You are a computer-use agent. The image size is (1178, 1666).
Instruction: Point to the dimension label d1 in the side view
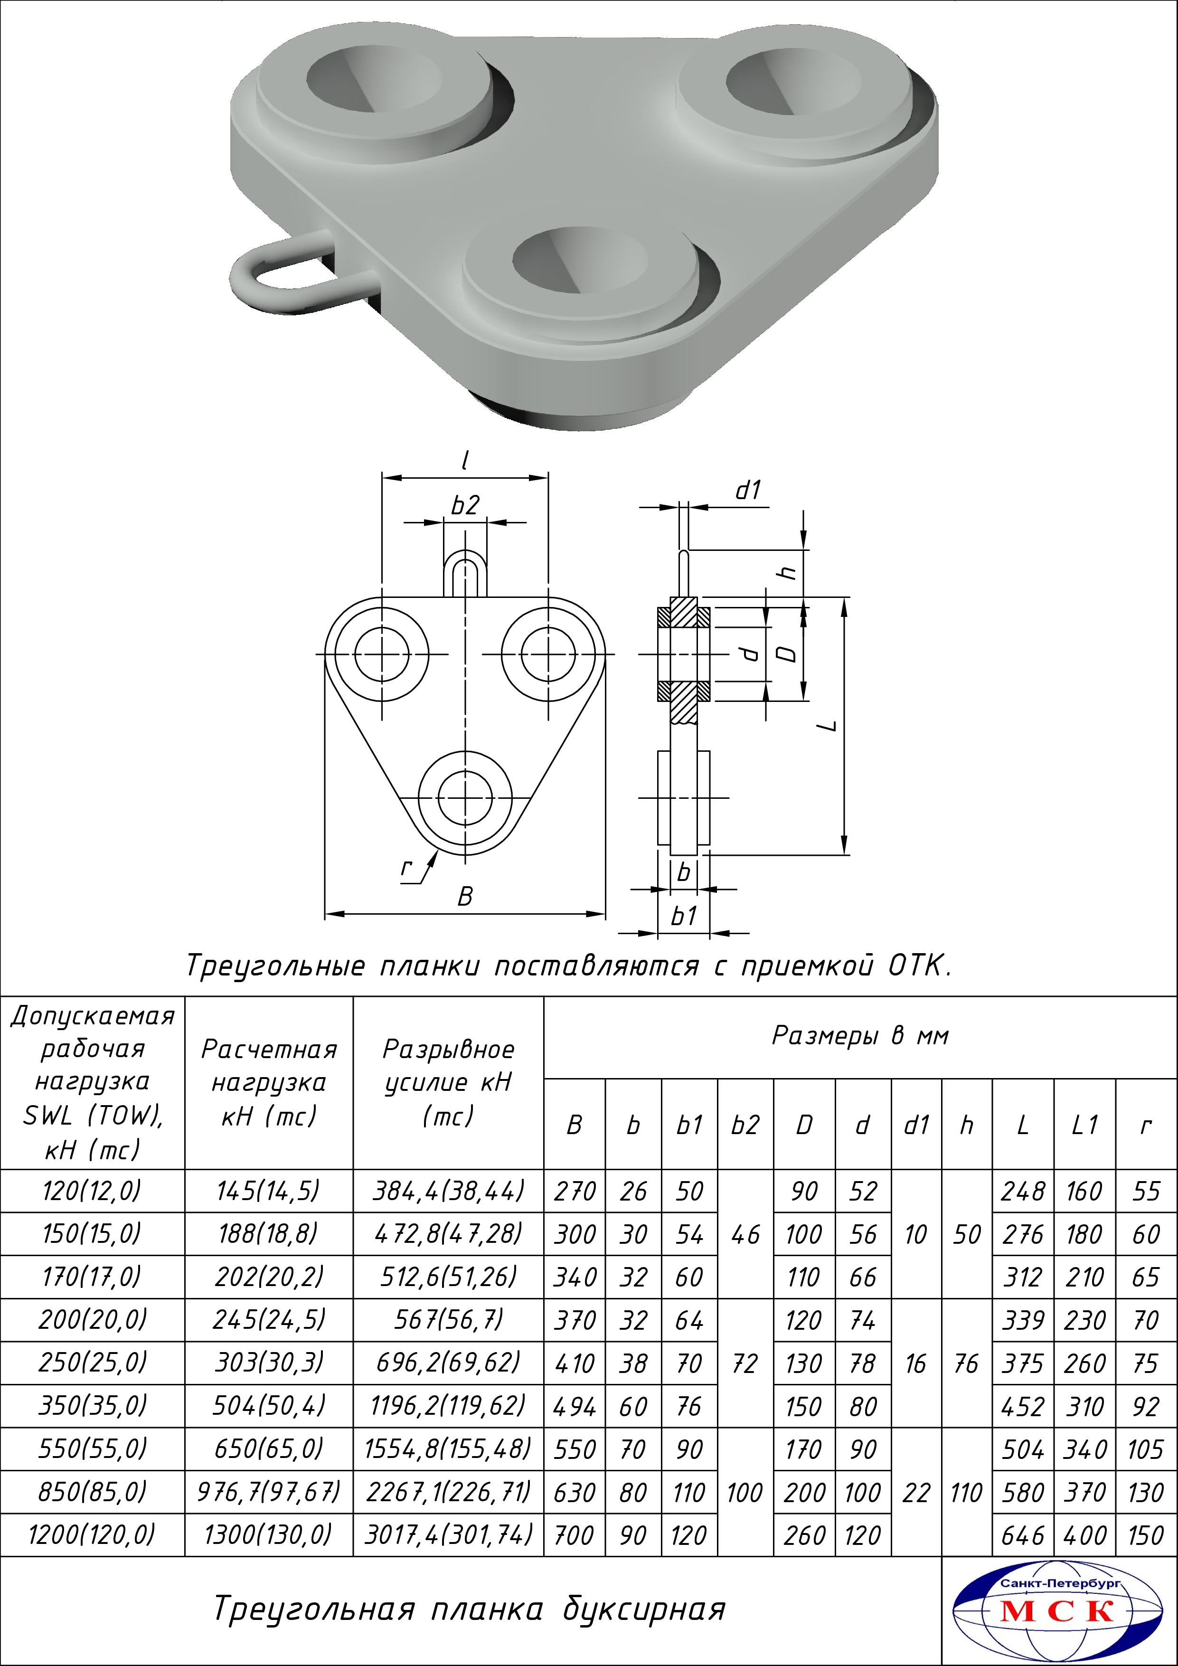[748, 491]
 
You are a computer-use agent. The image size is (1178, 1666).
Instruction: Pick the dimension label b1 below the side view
[683, 917]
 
